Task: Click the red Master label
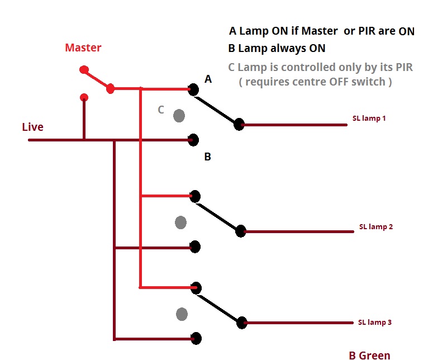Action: pos(83,48)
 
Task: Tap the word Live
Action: pos(32,127)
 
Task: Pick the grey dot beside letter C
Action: pos(179,116)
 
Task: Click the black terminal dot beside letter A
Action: pos(193,89)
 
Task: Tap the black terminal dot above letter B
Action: pos(194,140)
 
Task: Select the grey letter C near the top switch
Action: pos(161,110)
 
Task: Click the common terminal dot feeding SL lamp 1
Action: pos(239,124)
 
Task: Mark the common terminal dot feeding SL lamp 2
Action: pos(241,230)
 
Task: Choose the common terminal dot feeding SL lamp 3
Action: pos(241,323)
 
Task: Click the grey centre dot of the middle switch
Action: pos(180,222)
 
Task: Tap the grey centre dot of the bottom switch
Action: pos(182,314)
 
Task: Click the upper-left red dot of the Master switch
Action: pos(84,70)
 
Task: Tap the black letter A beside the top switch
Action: pos(208,79)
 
